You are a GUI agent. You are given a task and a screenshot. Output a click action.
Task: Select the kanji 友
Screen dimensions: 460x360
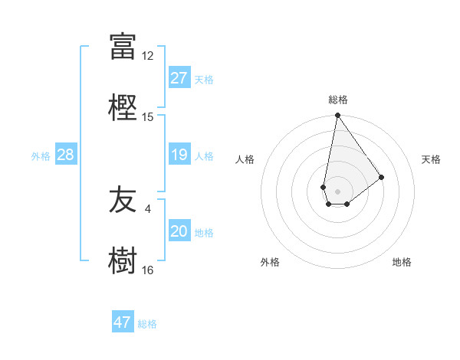[123, 201]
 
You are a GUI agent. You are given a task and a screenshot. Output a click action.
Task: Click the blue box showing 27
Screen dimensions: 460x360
[179, 77]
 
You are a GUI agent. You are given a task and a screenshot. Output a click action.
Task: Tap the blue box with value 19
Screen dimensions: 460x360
[179, 155]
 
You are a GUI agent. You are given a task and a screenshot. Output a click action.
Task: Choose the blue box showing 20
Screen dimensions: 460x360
[179, 231]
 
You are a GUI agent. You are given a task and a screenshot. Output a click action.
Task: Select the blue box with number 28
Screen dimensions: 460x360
[65, 155]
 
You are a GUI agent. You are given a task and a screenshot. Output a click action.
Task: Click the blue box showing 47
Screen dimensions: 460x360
[122, 322]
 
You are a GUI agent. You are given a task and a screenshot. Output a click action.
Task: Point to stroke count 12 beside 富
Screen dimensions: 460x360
[148, 56]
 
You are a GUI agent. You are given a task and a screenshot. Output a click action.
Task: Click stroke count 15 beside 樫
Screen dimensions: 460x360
[148, 116]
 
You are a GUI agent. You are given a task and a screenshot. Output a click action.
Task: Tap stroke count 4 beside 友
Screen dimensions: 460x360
[148, 208]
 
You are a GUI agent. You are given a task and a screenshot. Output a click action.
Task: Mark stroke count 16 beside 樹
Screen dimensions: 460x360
[148, 270]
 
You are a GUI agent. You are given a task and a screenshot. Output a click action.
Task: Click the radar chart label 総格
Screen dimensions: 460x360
[338, 100]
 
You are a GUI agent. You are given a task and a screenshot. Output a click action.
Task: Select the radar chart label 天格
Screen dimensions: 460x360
[432, 159]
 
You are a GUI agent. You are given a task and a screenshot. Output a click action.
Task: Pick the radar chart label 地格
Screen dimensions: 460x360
[402, 262]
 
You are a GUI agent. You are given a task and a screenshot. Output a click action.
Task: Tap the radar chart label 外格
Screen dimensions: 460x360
[270, 262]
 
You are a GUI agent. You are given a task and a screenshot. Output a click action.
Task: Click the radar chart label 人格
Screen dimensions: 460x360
[245, 159]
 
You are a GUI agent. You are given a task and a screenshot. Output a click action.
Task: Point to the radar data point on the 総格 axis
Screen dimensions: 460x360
[337, 116]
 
